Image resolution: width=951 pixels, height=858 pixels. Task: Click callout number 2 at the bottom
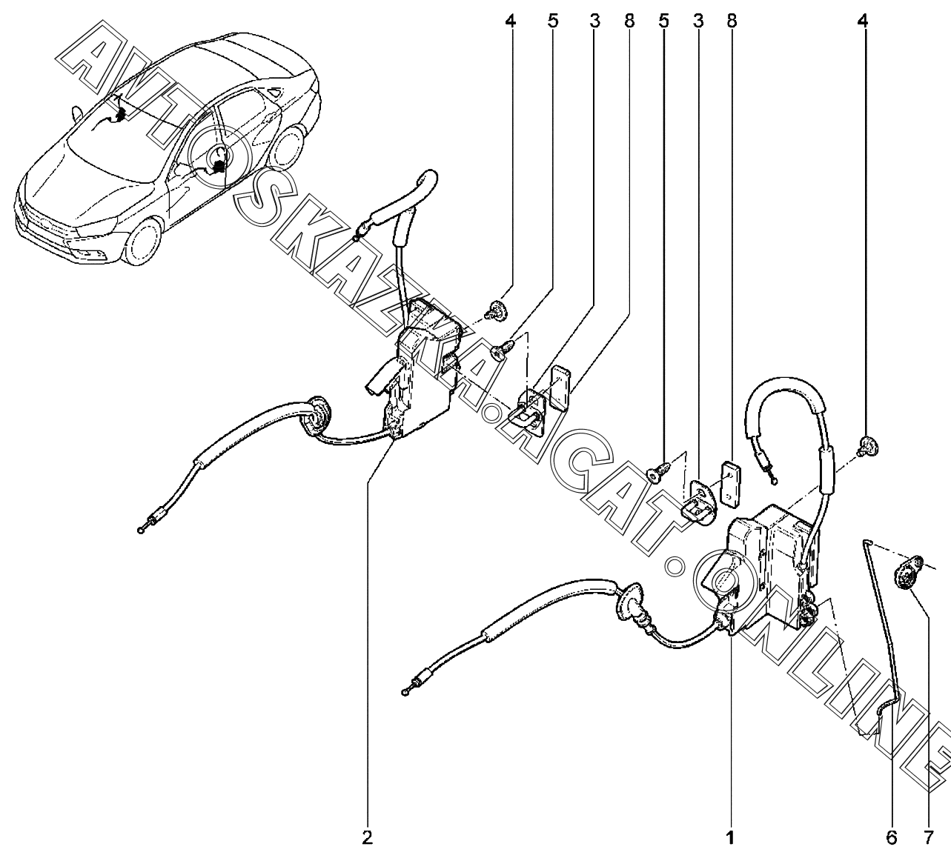click(x=368, y=838)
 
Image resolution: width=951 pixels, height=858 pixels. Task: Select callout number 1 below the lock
click(x=731, y=838)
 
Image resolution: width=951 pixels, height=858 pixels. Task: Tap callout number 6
click(x=892, y=838)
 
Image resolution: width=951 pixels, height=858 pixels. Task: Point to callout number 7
click(x=928, y=838)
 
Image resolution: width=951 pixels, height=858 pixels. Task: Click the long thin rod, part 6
click(x=883, y=635)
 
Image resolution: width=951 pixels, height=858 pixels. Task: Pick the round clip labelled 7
click(x=908, y=574)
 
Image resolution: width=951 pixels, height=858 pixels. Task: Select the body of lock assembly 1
click(x=768, y=569)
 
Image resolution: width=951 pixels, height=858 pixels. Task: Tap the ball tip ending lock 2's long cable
click(x=141, y=530)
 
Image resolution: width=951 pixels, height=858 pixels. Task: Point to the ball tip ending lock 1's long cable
click(x=405, y=693)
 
